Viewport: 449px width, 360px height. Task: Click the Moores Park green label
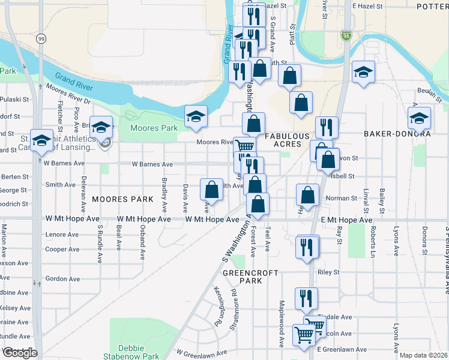[x=154, y=128]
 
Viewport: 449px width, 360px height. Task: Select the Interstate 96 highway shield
[x=346, y=37]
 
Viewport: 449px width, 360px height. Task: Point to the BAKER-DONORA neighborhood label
[x=397, y=134]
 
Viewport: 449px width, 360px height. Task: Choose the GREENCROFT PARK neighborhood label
[x=250, y=277]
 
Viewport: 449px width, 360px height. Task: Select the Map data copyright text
[x=423, y=355]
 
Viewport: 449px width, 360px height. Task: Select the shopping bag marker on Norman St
[x=307, y=196]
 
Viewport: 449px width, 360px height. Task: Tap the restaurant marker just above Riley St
[x=307, y=247]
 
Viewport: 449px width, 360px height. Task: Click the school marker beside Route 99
[x=41, y=140]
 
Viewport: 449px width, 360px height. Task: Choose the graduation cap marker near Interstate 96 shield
[x=363, y=72]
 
